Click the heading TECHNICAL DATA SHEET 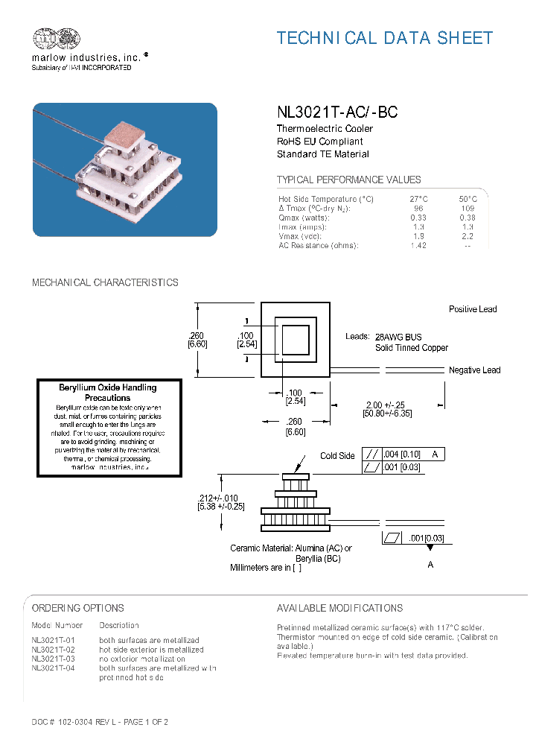tap(384, 38)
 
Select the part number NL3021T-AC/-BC tap(336, 113)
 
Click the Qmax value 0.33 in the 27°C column tap(418, 218)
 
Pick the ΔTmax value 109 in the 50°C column tap(467, 209)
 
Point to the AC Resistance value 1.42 tap(418, 245)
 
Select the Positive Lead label tap(472, 309)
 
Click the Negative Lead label tap(474, 370)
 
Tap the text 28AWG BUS tap(398, 337)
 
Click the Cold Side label tap(337, 456)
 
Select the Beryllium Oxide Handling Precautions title tap(108, 393)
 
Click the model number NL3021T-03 tap(54, 659)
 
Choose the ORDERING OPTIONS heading tap(78, 608)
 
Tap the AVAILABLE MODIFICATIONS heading tap(339, 608)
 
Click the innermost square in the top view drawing tap(295, 342)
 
